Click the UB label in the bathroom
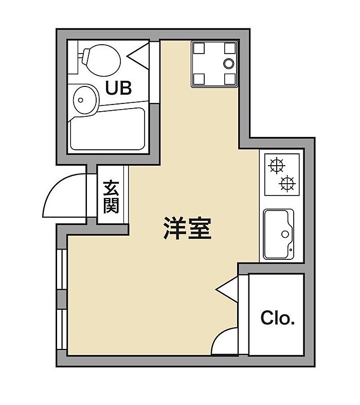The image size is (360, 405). (118, 87)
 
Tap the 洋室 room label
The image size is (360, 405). (187, 228)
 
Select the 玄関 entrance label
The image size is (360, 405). (111, 197)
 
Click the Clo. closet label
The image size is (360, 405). (277, 318)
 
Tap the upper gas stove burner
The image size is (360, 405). (277, 165)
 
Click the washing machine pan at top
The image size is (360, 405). (214, 63)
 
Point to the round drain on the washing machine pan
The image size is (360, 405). (229, 63)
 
